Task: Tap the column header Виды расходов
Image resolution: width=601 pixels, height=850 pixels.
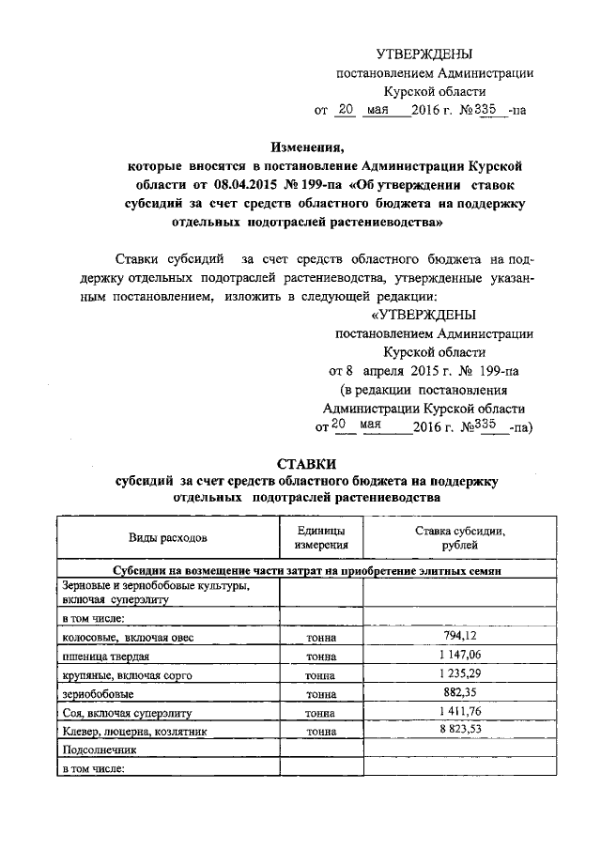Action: coord(168,537)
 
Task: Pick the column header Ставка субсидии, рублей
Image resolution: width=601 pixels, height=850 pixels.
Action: coord(459,537)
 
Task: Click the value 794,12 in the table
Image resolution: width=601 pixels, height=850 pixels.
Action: coord(459,637)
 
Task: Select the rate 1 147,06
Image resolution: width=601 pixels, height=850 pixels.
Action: coord(459,656)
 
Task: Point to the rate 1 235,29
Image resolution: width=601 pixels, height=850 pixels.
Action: coord(459,674)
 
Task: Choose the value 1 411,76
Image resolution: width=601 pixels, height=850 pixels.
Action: coord(459,712)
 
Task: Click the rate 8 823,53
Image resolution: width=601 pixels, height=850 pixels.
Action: coord(459,730)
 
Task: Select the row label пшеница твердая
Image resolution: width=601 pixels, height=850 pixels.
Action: coord(101,657)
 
